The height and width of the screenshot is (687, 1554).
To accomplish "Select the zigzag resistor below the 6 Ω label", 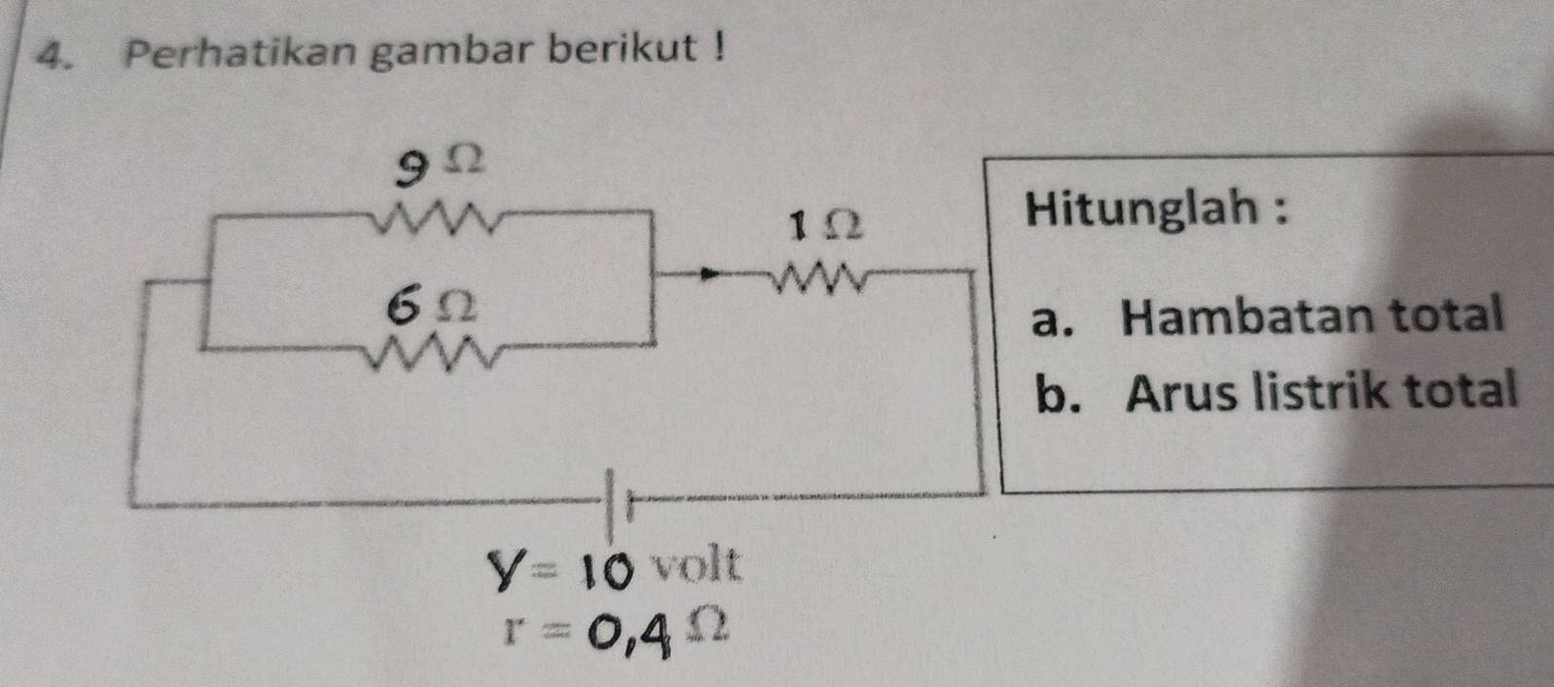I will tap(441, 353).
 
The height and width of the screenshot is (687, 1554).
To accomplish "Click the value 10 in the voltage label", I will tap(609, 568).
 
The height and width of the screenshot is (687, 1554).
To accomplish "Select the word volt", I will tap(696, 564).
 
